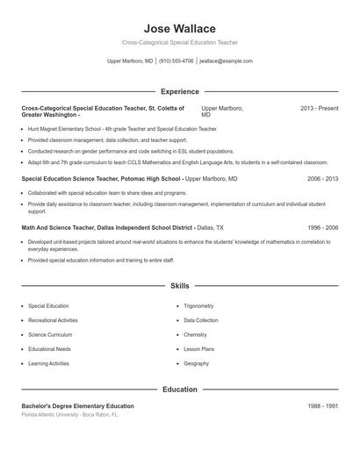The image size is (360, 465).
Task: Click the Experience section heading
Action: pyautogui.click(x=179, y=91)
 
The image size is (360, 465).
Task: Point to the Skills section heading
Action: pyautogui.click(x=179, y=286)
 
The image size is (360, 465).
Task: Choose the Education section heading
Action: pyautogui.click(x=179, y=389)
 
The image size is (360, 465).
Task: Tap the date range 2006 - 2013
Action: pyautogui.click(x=322, y=178)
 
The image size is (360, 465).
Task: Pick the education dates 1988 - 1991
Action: pyautogui.click(x=322, y=406)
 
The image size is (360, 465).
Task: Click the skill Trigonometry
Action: pyautogui.click(x=198, y=306)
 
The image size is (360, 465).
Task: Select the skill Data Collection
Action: pyautogui.click(x=201, y=320)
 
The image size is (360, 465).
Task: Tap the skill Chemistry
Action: pyautogui.click(x=195, y=334)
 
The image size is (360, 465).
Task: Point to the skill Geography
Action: pyautogui.click(x=196, y=363)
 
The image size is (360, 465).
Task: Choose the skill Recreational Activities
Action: pyautogui.click(x=53, y=320)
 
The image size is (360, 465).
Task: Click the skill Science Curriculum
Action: pyautogui.click(x=49, y=334)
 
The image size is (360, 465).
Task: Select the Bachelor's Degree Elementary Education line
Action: pyautogui.click(x=78, y=406)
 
